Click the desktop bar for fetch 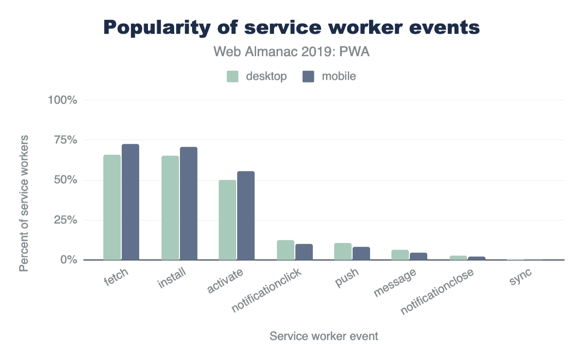112,207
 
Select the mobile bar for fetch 130,202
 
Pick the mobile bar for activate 246,215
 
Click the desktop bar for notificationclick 286,250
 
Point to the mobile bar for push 361,253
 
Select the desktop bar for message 400,255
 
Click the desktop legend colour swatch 233,77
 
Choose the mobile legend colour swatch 308,77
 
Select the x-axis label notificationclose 437,291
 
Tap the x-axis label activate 225,281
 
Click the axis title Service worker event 323,336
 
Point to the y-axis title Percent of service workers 24,203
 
